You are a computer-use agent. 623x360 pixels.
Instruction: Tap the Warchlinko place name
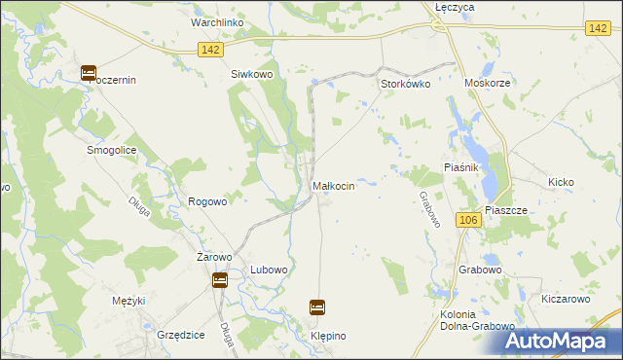point(217,22)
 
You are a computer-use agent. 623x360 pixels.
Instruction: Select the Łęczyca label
point(454,7)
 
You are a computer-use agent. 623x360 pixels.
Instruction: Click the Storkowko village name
point(404,84)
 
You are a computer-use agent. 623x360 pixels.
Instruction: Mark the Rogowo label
point(207,201)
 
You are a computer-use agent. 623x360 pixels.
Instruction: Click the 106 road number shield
point(467,221)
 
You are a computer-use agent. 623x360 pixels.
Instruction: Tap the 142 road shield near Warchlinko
point(210,50)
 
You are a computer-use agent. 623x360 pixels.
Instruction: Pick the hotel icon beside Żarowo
point(220,280)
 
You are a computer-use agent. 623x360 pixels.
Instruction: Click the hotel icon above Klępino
point(317,307)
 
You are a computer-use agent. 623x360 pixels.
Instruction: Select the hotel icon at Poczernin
point(88,72)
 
